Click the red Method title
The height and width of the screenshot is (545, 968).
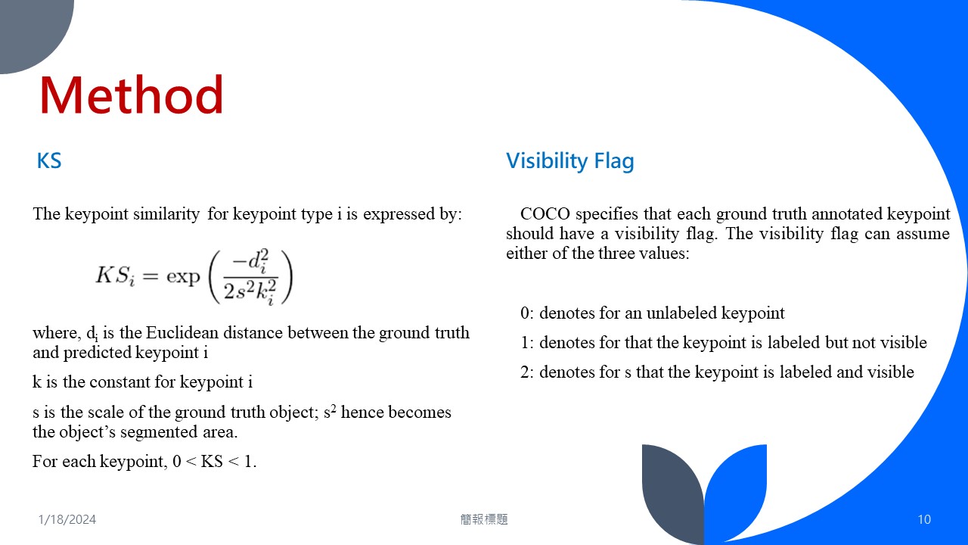coord(132,95)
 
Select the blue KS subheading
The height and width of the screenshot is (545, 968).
coord(49,161)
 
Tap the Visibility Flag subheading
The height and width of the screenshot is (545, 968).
coord(570,161)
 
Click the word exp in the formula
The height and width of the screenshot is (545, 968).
coord(183,276)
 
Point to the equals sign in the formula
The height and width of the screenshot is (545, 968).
coord(150,276)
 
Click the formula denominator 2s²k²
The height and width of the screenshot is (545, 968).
coord(250,291)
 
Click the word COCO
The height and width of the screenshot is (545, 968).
coord(545,213)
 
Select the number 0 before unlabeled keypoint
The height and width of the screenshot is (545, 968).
coord(525,313)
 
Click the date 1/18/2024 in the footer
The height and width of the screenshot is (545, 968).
coord(67,519)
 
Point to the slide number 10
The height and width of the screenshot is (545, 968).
coord(924,519)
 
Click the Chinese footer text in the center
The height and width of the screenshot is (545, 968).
coord(484,519)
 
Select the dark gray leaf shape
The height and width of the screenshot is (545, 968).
coord(672,489)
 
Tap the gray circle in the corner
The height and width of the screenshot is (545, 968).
coord(33,30)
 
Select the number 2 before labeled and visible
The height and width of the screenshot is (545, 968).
coord(525,372)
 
